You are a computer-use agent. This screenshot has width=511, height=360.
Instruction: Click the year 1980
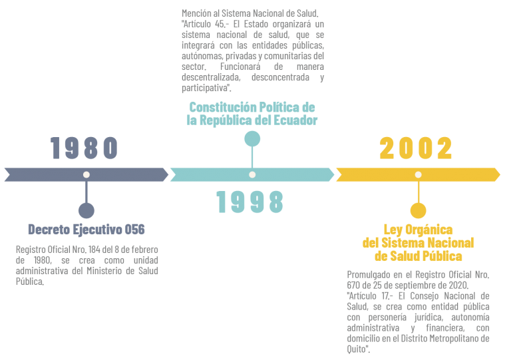(x=84, y=148)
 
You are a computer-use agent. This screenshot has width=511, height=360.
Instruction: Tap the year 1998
(x=250, y=202)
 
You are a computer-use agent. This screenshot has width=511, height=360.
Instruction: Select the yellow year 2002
(x=416, y=148)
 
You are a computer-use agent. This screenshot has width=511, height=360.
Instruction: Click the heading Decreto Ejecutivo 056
(x=86, y=230)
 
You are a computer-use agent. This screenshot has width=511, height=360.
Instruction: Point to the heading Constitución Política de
(x=252, y=107)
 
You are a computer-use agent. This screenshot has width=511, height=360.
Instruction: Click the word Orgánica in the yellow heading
(x=429, y=230)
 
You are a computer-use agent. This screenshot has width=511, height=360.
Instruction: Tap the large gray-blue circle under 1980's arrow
(x=86, y=210)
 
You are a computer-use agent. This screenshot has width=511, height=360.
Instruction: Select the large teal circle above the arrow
(x=252, y=139)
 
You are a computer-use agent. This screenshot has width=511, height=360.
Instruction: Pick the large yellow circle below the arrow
(x=418, y=210)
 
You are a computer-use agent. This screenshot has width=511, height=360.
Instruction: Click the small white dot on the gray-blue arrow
(x=86, y=174)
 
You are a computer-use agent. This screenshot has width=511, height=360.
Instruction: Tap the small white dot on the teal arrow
(x=252, y=174)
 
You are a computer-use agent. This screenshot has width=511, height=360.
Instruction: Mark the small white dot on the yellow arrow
(x=418, y=174)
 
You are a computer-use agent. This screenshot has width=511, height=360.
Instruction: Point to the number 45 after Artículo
(x=220, y=24)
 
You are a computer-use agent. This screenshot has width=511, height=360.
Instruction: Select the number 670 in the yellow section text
(x=353, y=285)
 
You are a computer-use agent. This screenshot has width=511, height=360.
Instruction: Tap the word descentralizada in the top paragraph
(x=211, y=77)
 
